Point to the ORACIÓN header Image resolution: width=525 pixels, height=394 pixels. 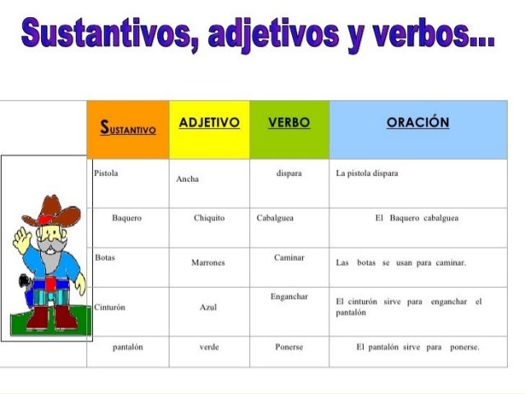click(418, 123)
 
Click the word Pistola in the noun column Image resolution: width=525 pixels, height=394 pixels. click(106, 174)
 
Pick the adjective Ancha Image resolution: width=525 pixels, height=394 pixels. click(188, 178)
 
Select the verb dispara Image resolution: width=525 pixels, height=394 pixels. click(289, 174)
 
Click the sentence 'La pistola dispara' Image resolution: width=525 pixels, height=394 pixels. click(368, 174)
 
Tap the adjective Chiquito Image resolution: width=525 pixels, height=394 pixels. click(209, 218)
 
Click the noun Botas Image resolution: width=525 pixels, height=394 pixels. click(105, 257)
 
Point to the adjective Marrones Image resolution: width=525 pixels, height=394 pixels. click(208, 262)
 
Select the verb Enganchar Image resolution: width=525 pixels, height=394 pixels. click(289, 296)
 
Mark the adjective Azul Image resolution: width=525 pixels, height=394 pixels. click(208, 307)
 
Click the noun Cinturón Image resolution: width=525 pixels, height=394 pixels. click(109, 307)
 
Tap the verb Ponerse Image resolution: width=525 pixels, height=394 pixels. click(289, 347)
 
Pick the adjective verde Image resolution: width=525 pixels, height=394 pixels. click(208, 347)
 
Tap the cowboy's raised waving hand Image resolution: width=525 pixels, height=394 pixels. click(22, 241)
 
